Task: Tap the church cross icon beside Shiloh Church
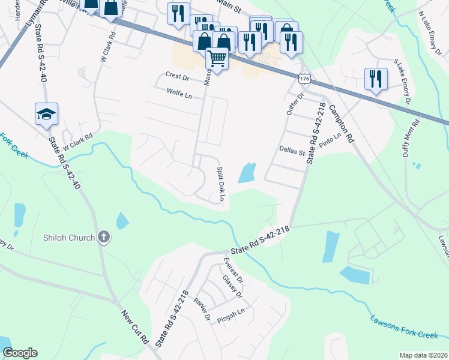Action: pos(103,237)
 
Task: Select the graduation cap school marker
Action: pos(46,113)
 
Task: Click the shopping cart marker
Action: pos(217,58)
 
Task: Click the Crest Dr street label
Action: pos(177,76)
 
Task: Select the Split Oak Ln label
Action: pos(221,184)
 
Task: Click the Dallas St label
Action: pos(292,152)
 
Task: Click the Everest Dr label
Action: pos(234,269)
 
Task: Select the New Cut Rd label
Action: pos(135,326)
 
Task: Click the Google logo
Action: pos(20,353)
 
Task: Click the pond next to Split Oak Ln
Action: pos(247,173)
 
